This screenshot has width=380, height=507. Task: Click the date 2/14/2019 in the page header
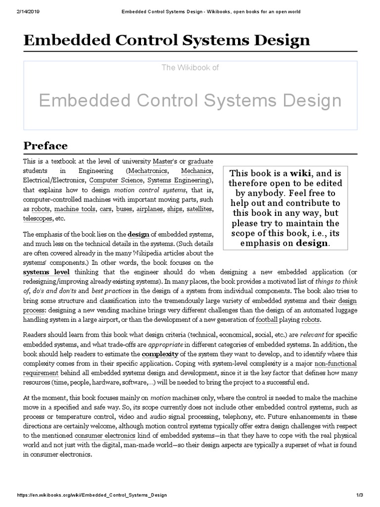[x=15, y=11]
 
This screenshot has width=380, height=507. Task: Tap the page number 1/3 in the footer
[x=360, y=495]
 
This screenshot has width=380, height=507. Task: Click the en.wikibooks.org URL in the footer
[x=92, y=495]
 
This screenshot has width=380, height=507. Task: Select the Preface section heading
[x=46, y=146]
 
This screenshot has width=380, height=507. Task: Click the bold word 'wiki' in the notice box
[x=301, y=173]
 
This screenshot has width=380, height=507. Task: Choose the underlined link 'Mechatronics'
[x=147, y=171]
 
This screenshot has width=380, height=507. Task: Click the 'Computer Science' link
[x=116, y=180]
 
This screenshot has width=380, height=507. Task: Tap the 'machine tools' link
[x=75, y=209]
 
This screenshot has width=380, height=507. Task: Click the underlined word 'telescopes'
[x=37, y=218]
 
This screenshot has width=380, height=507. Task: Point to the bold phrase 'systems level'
[x=47, y=272]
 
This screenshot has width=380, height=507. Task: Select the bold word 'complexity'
[x=160, y=354]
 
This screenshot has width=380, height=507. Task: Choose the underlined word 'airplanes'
[x=151, y=209]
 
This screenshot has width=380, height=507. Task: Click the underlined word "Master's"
[x=165, y=162]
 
